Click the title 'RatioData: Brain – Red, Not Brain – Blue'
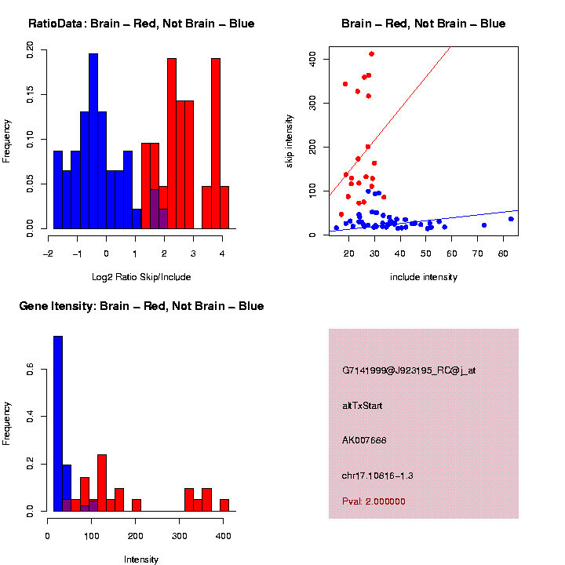click(x=141, y=24)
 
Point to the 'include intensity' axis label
click(x=424, y=276)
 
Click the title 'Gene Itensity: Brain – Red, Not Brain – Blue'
click(x=141, y=306)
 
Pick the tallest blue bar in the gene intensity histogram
click(x=57, y=424)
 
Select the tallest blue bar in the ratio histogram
click(x=93, y=141)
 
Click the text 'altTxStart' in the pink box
click(x=363, y=406)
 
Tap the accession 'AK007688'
click(x=364, y=440)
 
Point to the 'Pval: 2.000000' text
click(x=374, y=501)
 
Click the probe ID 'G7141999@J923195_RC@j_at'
click(x=409, y=370)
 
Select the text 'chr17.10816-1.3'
click(x=378, y=476)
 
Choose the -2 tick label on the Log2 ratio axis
click(x=48, y=253)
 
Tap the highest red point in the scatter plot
click(x=371, y=54)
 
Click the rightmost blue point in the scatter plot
click(x=511, y=219)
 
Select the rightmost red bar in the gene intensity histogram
click(x=224, y=505)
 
